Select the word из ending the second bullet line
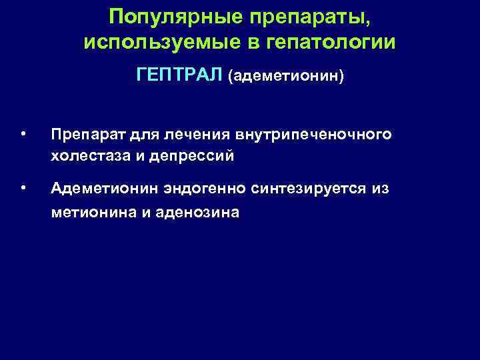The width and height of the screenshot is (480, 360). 381,189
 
